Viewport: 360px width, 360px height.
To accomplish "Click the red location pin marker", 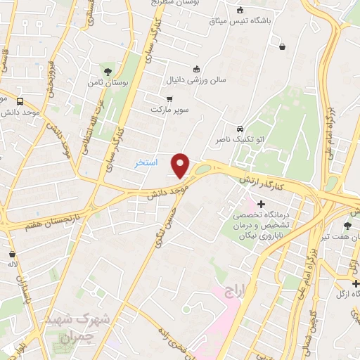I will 181,165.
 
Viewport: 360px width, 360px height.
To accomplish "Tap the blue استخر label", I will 146,163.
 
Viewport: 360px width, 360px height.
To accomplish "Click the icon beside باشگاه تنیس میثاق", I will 240,10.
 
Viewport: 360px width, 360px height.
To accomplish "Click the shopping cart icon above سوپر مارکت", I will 169,99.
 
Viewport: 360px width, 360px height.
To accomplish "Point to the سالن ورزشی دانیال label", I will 196,79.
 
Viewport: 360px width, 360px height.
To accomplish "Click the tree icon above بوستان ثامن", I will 108,71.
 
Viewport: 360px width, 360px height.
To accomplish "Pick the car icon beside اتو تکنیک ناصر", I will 240,129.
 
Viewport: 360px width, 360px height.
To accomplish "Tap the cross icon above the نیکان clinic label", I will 262,203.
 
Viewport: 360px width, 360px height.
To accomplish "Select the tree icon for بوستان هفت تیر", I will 347,226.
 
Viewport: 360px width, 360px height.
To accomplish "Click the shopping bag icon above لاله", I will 12,254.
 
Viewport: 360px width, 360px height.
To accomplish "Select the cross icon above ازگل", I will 356,283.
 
